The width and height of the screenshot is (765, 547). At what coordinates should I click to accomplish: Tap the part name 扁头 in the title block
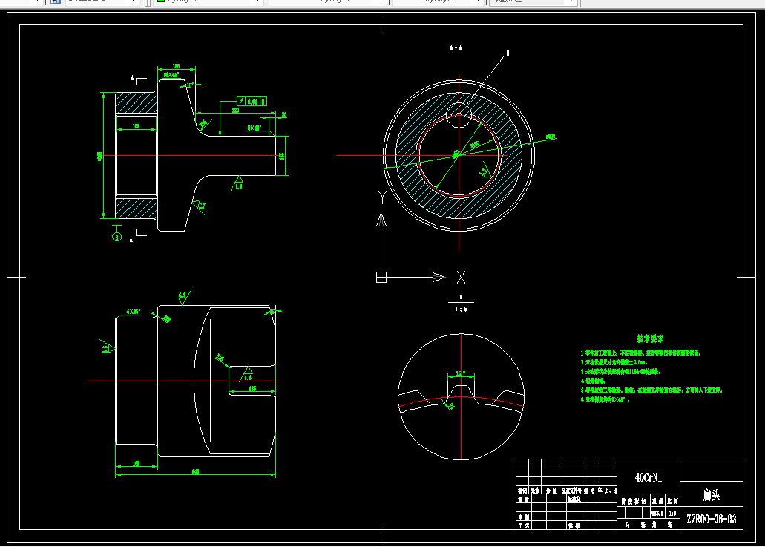point(711,494)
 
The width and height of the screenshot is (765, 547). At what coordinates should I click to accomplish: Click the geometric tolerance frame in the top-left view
point(252,101)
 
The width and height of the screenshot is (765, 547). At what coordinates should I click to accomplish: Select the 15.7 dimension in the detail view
point(461,373)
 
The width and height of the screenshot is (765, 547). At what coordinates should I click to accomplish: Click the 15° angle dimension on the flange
point(190,85)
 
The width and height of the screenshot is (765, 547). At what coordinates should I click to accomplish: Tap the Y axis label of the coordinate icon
point(381,197)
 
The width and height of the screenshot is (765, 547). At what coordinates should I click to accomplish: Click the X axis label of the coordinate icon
point(461,278)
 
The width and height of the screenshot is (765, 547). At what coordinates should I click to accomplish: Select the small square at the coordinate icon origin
point(381,278)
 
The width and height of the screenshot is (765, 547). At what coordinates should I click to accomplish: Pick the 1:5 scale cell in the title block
point(672,512)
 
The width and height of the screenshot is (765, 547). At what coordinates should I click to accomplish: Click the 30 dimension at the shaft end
point(284,114)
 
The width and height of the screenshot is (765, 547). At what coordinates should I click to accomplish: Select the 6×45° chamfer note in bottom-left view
point(134,312)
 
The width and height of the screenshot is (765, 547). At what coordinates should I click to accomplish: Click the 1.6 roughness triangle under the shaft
point(239,183)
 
